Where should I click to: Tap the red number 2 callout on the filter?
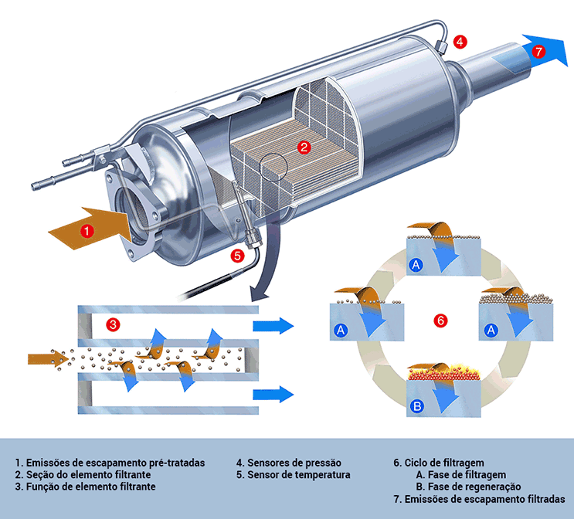304,146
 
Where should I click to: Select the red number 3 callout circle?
113,325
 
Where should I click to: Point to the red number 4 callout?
460,42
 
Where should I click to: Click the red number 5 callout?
238,254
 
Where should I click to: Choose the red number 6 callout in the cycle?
440,320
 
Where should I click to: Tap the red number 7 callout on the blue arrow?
538,52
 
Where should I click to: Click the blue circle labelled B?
417,405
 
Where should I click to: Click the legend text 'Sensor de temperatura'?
294,475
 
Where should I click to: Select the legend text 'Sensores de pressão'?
288,463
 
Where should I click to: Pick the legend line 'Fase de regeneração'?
468,487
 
